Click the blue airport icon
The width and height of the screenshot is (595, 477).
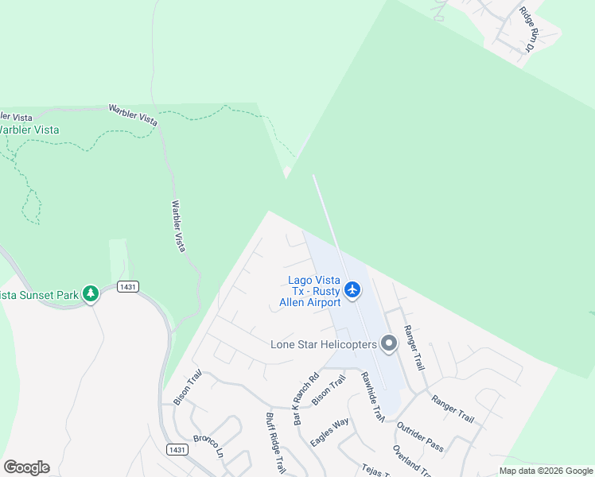click(x=353, y=290)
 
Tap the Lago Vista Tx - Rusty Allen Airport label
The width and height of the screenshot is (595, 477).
click(x=314, y=291)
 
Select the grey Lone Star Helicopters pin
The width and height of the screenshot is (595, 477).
click(x=389, y=343)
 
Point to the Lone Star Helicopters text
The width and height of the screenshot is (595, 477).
click(x=322, y=344)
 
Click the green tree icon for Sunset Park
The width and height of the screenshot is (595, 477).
click(x=91, y=294)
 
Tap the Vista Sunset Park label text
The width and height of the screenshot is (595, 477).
click(x=39, y=295)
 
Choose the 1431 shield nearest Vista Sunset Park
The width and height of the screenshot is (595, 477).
click(x=126, y=286)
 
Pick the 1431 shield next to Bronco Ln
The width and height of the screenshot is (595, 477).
click(x=177, y=450)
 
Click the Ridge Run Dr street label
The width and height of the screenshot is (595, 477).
click(x=528, y=29)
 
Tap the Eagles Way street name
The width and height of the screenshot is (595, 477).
click(x=329, y=432)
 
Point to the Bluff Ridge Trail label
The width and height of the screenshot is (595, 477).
click(x=275, y=443)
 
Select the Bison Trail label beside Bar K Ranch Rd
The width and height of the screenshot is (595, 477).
click(x=329, y=391)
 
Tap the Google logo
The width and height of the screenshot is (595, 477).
click(x=26, y=467)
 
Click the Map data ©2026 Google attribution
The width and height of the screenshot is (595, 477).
click(x=546, y=471)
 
